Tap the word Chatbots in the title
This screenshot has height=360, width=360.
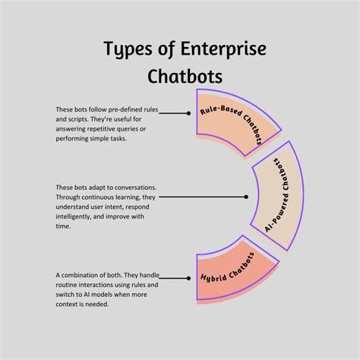coord(180,77)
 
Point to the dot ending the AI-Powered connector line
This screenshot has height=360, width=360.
coord(245,197)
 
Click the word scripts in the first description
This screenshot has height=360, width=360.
coord(83,119)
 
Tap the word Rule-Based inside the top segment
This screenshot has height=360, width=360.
coord(218,112)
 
